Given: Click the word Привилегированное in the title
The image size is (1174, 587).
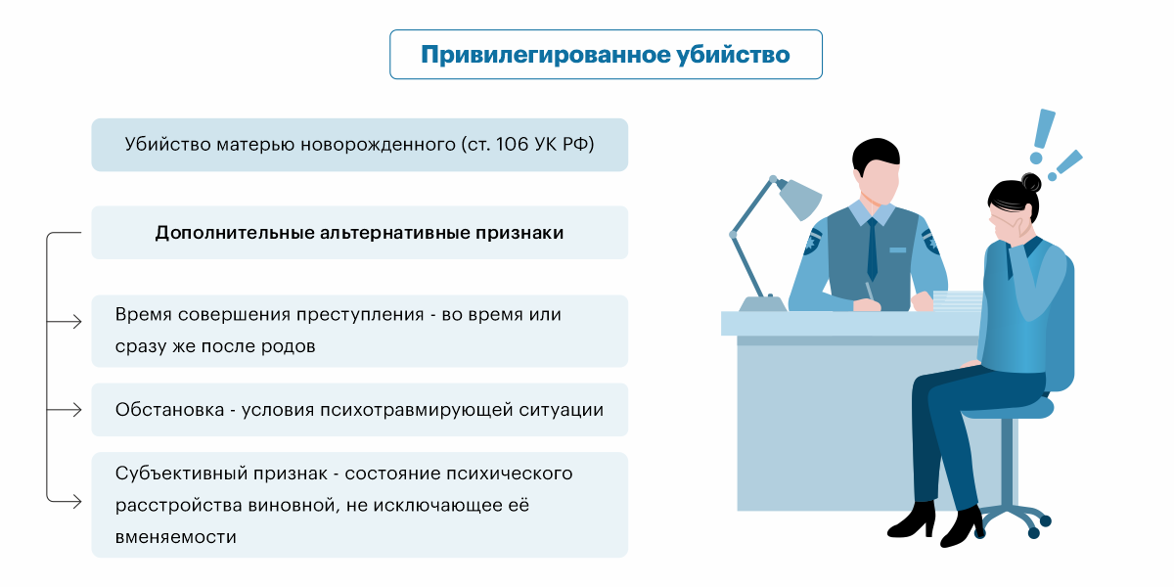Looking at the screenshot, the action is pyautogui.click(x=545, y=56).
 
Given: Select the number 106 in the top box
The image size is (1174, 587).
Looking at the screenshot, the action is pyautogui.click(x=512, y=144).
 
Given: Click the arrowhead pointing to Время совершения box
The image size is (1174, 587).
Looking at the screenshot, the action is pyautogui.click(x=76, y=321).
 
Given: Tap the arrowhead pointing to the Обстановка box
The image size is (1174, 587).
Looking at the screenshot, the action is pyautogui.click(x=76, y=409).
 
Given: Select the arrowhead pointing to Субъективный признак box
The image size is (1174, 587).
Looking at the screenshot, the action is pyautogui.click(x=76, y=502).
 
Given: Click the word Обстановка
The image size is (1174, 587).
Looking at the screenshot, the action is pyautogui.click(x=170, y=410).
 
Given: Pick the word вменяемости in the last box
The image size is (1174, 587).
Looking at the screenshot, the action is pyautogui.click(x=175, y=537).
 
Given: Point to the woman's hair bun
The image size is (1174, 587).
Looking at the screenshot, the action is pyautogui.click(x=1031, y=182).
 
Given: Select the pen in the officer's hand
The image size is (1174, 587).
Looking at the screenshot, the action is pyautogui.click(x=870, y=292).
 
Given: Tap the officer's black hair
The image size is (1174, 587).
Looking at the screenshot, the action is pyautogui.click(x=876, y=155).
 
